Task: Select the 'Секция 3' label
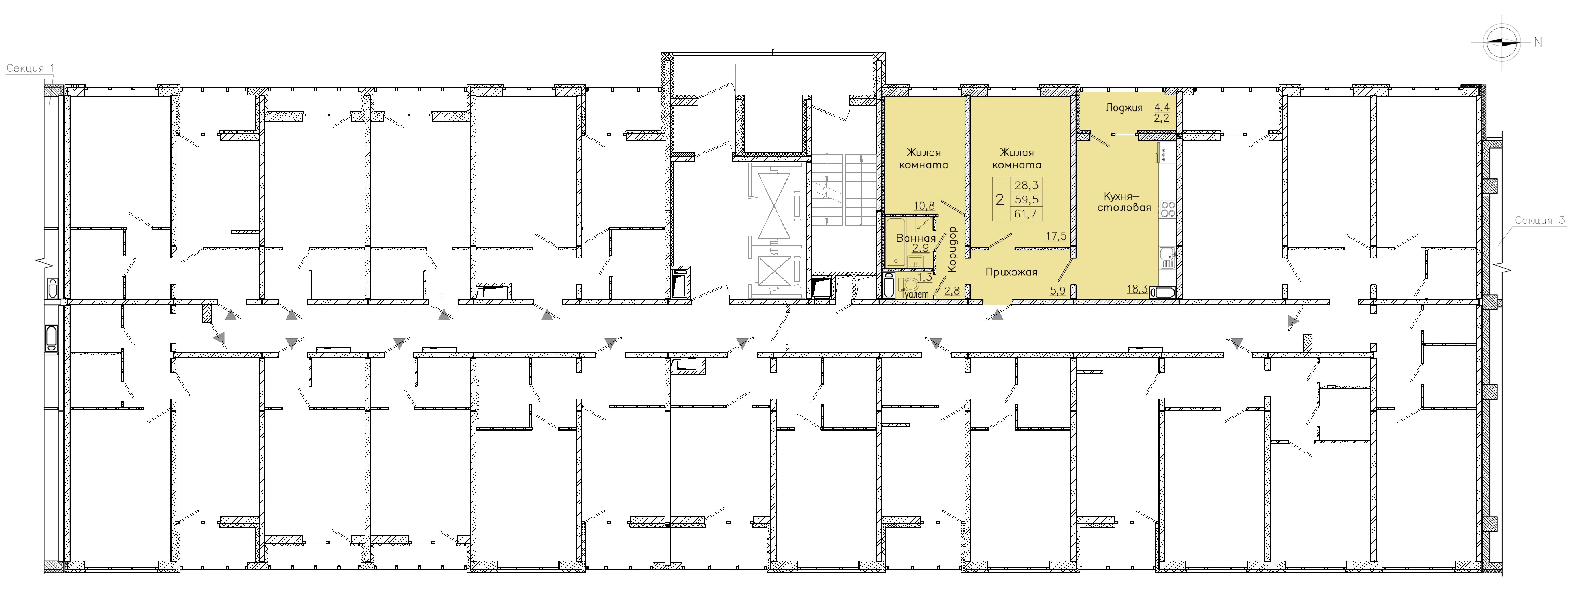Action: pos(1540,221)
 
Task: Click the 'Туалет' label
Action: pos(915,294)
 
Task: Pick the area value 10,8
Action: pos(924,206)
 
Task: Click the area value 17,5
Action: pos(1056,236)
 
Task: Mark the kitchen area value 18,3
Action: pos(1137,289)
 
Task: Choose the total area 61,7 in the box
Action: pos(1026,214)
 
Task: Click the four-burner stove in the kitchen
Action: pos(1168,209)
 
